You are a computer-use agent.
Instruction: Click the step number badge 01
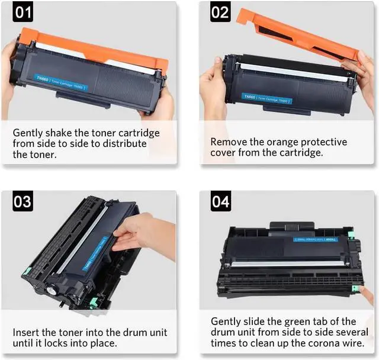(23, 12)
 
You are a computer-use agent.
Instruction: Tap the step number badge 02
(220, 12)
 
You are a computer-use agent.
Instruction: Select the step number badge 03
(23, 202)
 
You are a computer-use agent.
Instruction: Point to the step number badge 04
(220, 202)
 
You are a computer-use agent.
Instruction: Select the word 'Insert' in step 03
(26, 332)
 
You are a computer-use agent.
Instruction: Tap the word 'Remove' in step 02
(229, 142)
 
